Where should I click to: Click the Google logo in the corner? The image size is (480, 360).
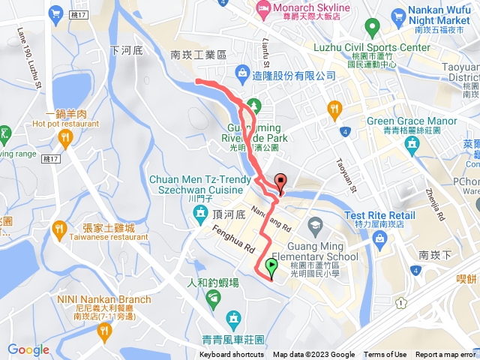pos(28,349)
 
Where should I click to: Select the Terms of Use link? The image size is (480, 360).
pos(385,355)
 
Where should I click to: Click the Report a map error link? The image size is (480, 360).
pos(445,355)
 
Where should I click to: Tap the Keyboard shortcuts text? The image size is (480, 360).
pos(231,355)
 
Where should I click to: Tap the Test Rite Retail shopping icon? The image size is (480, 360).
pos(379,239)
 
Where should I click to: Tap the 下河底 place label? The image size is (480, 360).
pos(124,50)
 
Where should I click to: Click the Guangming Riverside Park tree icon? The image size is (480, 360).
pos(253,105)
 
